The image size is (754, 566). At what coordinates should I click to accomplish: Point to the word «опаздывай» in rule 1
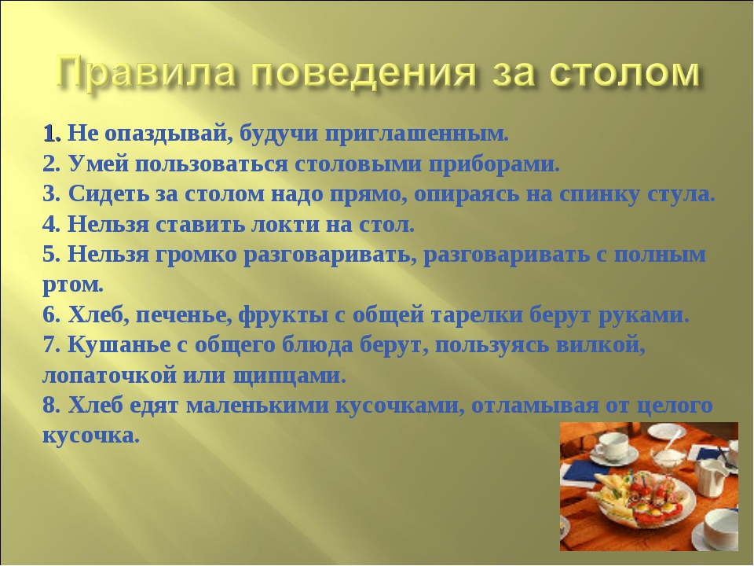pos(164,134)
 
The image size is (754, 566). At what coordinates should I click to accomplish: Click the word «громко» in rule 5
pos(196,255)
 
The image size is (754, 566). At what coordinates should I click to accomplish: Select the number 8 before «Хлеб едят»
pos(49,406)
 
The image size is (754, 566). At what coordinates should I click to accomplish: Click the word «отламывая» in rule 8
pos(535,406)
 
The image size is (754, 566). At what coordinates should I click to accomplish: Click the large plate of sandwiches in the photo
pos(644,501)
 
